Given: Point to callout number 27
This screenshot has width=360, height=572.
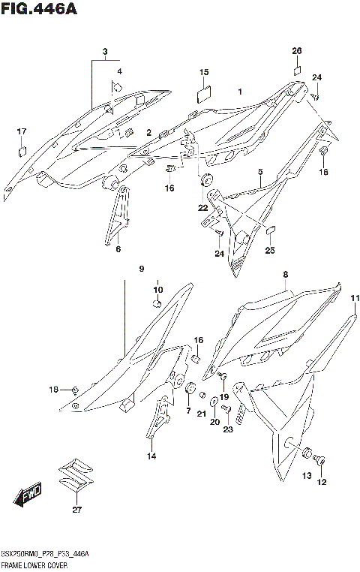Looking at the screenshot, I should click(75, 510).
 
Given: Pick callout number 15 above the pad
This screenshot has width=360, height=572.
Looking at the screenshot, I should click(203, 72).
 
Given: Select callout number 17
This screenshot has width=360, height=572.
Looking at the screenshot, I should click(22, 131).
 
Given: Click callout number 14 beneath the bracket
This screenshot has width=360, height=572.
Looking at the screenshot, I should click(151, 456).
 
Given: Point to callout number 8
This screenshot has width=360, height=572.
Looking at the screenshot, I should click(286, 275).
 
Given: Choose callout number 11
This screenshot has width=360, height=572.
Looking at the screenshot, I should click(353, 298).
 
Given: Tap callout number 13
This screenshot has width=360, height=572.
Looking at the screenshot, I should click(306, 476).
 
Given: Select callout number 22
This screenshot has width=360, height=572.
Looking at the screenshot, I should click(203, 207).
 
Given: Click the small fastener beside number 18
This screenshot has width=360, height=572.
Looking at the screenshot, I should click(76, 389).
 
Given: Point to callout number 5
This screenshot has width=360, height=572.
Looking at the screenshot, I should click(259, 172).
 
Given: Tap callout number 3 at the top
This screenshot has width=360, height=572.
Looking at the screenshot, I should click(106, 52).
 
